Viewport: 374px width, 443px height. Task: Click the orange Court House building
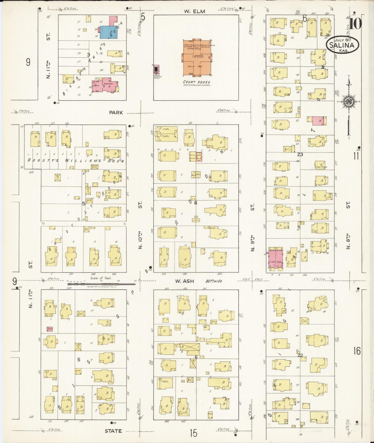(x=196, y=58)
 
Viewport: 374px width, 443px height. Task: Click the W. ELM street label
(x=195, y=11)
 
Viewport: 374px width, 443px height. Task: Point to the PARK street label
(x=116, y=113)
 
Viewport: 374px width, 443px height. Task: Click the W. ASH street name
(x=185, y=281)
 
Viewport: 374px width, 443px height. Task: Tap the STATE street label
(x=113, y=431)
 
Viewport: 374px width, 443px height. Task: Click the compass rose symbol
(x=349, y=101)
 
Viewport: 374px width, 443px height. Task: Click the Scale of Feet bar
(x=101, y=284)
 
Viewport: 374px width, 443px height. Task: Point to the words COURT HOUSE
(x=196, y=82)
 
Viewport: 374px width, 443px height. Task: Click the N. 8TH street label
(x=348, y=241)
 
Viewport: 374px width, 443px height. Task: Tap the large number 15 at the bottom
(x=193, y=433)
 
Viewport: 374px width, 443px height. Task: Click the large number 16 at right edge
(x=357, y=351)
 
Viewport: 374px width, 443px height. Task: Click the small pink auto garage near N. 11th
(x=50, y=329)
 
